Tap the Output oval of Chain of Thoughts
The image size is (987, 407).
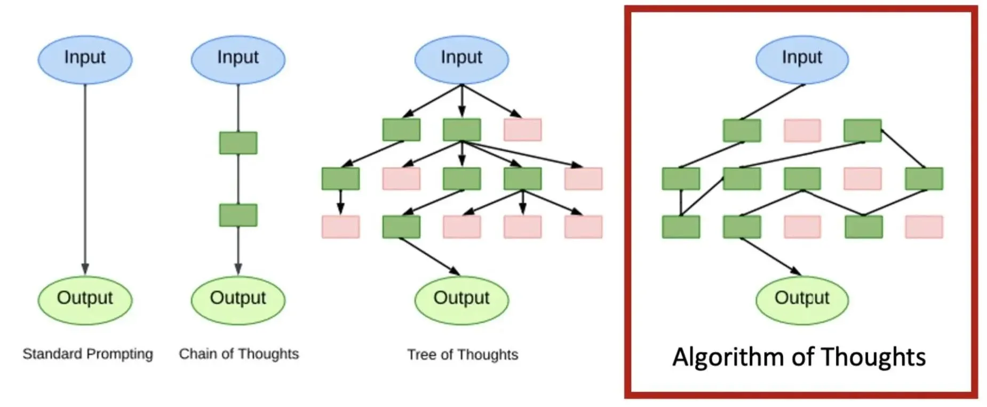click(237, 299)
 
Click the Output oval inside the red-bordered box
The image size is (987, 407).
click(801, 299)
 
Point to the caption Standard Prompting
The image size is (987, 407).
click(87, 354)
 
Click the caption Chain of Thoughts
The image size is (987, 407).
click(238, 354)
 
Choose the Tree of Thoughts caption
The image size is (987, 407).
click(463, 354)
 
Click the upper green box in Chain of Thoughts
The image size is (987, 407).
click(238, 143)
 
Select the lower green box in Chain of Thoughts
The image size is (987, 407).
click(238, 215)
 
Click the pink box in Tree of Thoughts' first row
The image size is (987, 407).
click(522, 130)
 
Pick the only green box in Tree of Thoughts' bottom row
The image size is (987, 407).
click(401, 227)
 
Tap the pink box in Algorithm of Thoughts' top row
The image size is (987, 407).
click(802, 131)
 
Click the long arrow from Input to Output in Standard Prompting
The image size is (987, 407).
click(85, 176)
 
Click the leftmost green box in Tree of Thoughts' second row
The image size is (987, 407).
click(340, 179)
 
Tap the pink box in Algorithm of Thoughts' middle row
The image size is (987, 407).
click(862, 179)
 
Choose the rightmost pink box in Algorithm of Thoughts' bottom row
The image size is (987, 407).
click(924, 227)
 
